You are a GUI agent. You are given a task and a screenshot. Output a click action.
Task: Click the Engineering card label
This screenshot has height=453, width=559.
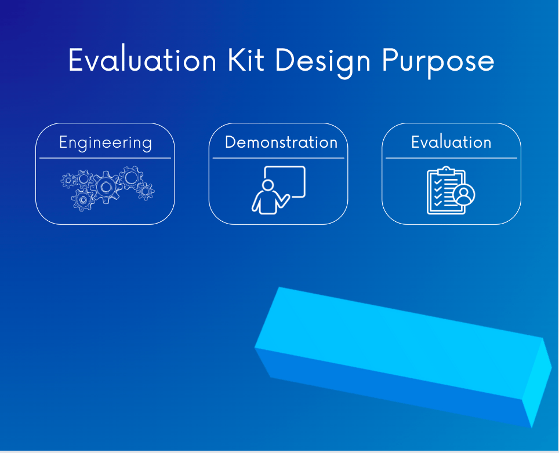tap(105, 143)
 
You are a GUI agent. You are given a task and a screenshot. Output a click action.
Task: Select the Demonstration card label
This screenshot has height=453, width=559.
tap(281, 143)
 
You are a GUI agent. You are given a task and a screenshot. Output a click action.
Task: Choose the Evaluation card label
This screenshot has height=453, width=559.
tap(451, 143)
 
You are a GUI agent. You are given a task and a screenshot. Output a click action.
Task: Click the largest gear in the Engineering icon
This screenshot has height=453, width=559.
tap(106, 186)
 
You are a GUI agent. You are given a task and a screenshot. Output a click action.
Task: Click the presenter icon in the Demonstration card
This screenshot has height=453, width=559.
tap(279, 190)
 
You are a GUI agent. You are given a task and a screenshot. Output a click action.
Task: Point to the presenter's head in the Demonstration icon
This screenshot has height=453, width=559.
tap(267, 185)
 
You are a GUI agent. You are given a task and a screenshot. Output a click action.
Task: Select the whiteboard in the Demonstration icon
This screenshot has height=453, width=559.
tap(285, 181)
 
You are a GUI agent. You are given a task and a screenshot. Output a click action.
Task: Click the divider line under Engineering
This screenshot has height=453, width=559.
tap(105, 158)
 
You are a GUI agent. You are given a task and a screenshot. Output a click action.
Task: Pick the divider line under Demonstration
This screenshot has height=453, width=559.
tap(278, 158)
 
